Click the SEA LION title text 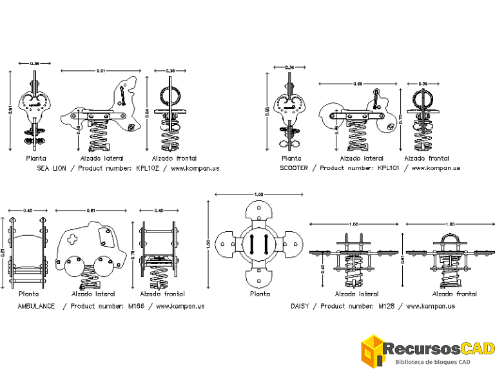(53, 168)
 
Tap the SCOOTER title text (294, 168)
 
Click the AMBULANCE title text (36, 306)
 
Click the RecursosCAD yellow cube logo (373, 352)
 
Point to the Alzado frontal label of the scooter (426, 158)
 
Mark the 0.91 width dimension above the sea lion (101, 70)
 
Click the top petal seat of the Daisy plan (260, 213)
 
